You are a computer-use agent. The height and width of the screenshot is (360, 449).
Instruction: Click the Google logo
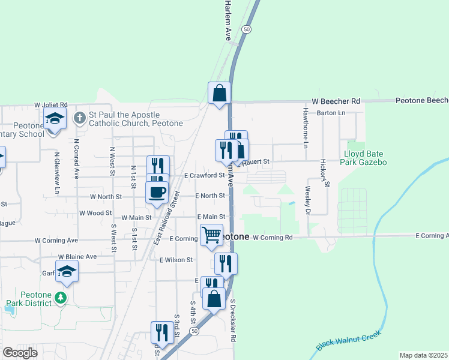click(x=20, y=353)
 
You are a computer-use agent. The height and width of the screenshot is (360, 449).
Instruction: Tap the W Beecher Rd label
click(x=336, y=102)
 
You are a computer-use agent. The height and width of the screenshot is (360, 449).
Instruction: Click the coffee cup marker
click(x=157, y=193)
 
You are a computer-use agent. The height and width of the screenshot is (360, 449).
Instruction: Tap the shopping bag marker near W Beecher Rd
click(x=220, y=93)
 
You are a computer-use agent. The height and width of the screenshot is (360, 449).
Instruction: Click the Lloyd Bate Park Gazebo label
click(x=364, y=158)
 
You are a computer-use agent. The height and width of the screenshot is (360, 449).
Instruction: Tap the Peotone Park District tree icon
click(x=60, y=298)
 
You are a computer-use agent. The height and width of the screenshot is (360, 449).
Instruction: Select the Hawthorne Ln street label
click(x=306, y=131)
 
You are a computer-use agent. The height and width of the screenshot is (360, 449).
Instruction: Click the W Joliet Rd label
click(x=51, y=104)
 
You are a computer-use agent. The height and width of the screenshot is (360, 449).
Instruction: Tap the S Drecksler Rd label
click(x=232, y=320)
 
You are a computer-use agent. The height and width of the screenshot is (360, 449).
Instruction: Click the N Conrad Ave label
click(x=77, y=159)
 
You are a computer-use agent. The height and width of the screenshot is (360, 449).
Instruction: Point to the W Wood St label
click(x=95, y=213)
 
